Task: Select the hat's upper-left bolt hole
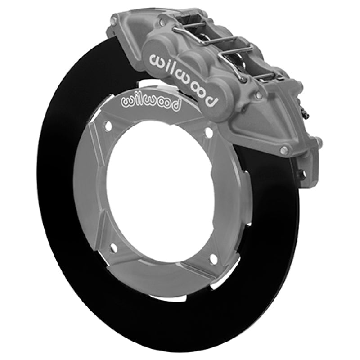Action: [108, 127]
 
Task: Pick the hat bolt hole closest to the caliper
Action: [208, 132]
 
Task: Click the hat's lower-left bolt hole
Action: [112, 247]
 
